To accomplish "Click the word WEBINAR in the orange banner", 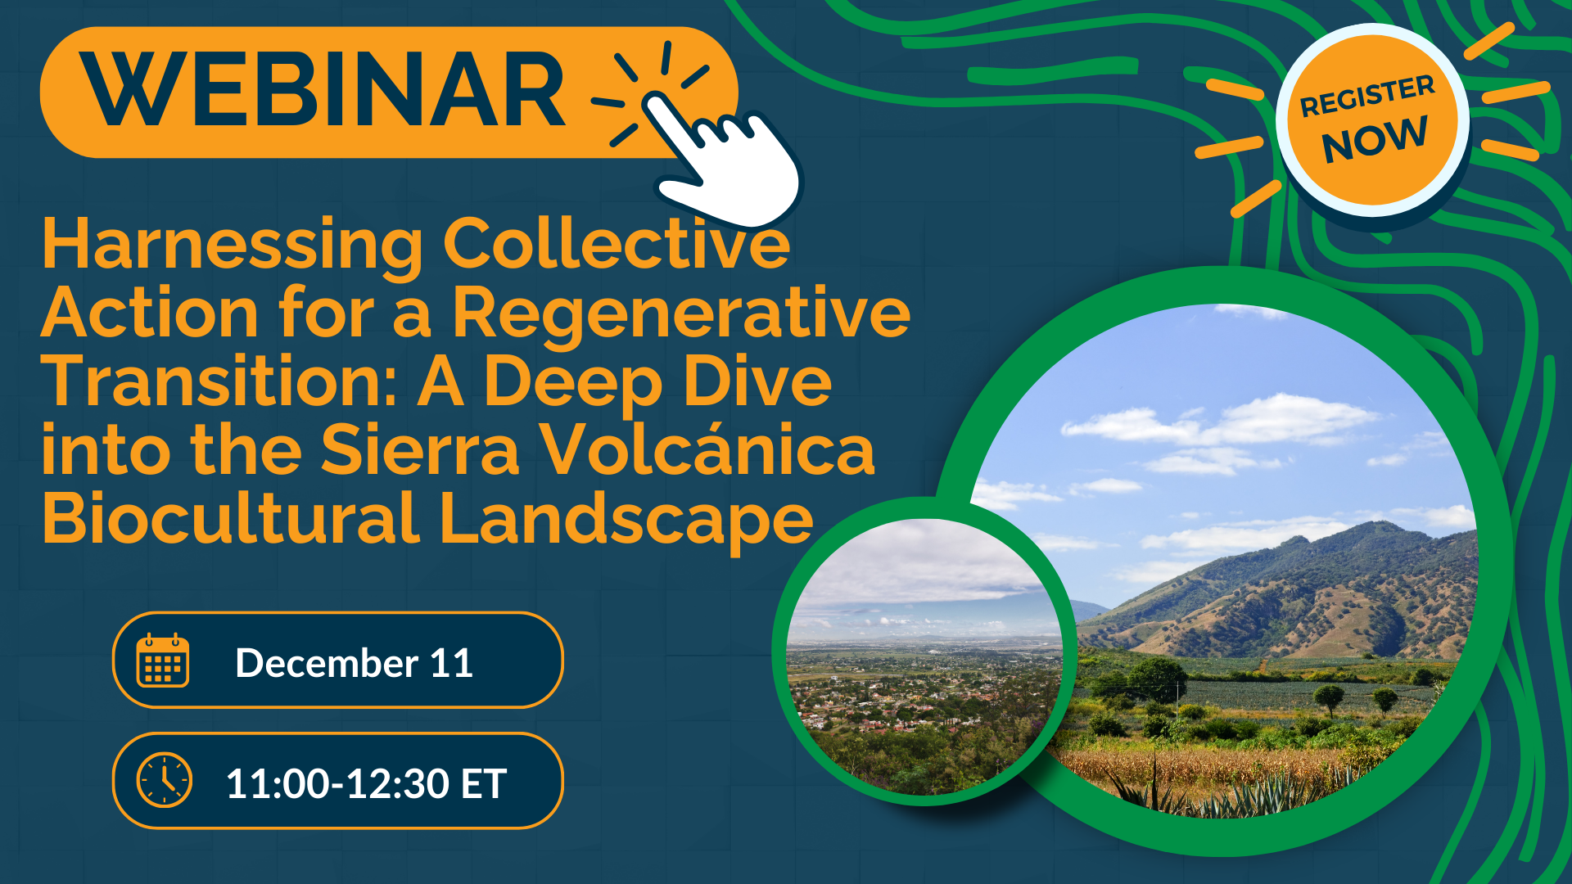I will pyautogui.click(x=324, y=90).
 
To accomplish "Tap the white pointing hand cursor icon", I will pyautogui.click(x=729, y=164).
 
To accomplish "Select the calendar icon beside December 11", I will pyautogui.click(x=163, y=661).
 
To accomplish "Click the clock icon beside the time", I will pyautogui.click(x=164, y=780).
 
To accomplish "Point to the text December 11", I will pyautogui.click(x=354, y=662).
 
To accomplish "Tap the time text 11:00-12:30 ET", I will pyautogui.click(x=366, y=783).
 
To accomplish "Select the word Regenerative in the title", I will pyautogui.click(x=681, y=313).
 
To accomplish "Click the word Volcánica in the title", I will pyautogui.click(x=708, y=450).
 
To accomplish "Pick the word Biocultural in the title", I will pyautogui.click(x=231, y=519).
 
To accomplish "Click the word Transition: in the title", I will pyautogui.click(x=219, y=382).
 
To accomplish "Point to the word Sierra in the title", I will pyautogui.click(x=420, y=450).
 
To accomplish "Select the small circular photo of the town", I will pyautogui.click(x=924, y=655).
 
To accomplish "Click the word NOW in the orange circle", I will pyautogui.click(x=1375, y=140).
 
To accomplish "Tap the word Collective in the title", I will pyautogui.click(x=617, y=245).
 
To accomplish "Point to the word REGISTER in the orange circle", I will pyautogui.click(x=1367, y=96).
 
